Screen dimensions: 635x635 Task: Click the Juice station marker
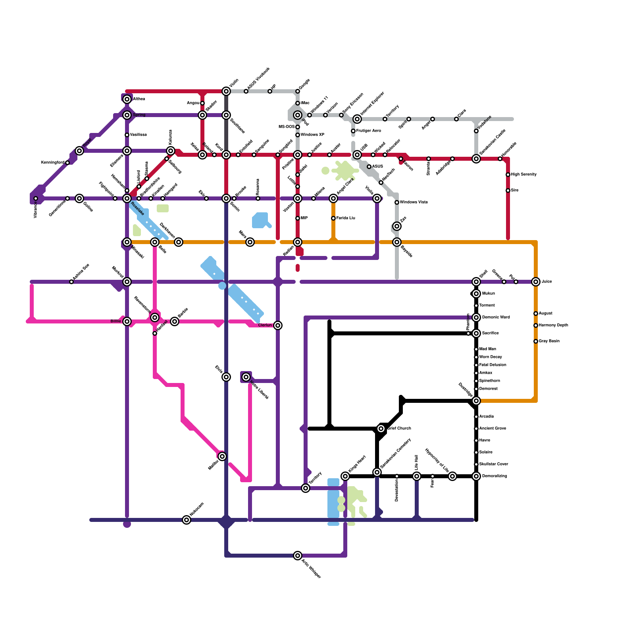536,282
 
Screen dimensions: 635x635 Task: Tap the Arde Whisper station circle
298,556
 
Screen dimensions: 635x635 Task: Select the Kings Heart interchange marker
345,476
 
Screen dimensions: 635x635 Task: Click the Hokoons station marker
187,520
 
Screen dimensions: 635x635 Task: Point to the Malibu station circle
222,456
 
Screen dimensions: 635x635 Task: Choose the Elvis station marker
226,377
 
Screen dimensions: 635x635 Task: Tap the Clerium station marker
278,325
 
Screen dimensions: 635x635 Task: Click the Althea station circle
127,99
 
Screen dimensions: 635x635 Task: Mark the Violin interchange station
226,91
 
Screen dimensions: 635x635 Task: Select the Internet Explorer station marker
357,119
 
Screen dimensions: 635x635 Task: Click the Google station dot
298,91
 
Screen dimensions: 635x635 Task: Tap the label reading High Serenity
523,175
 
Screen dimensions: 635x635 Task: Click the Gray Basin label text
549,341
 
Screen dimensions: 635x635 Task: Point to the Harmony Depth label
553,325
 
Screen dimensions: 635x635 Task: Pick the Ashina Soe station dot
71,282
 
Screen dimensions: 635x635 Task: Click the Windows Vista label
414,202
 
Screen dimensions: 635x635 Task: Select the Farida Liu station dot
333,218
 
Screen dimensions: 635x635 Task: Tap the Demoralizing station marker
476,476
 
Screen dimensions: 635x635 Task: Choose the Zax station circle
397,226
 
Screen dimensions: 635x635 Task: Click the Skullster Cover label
493,464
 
